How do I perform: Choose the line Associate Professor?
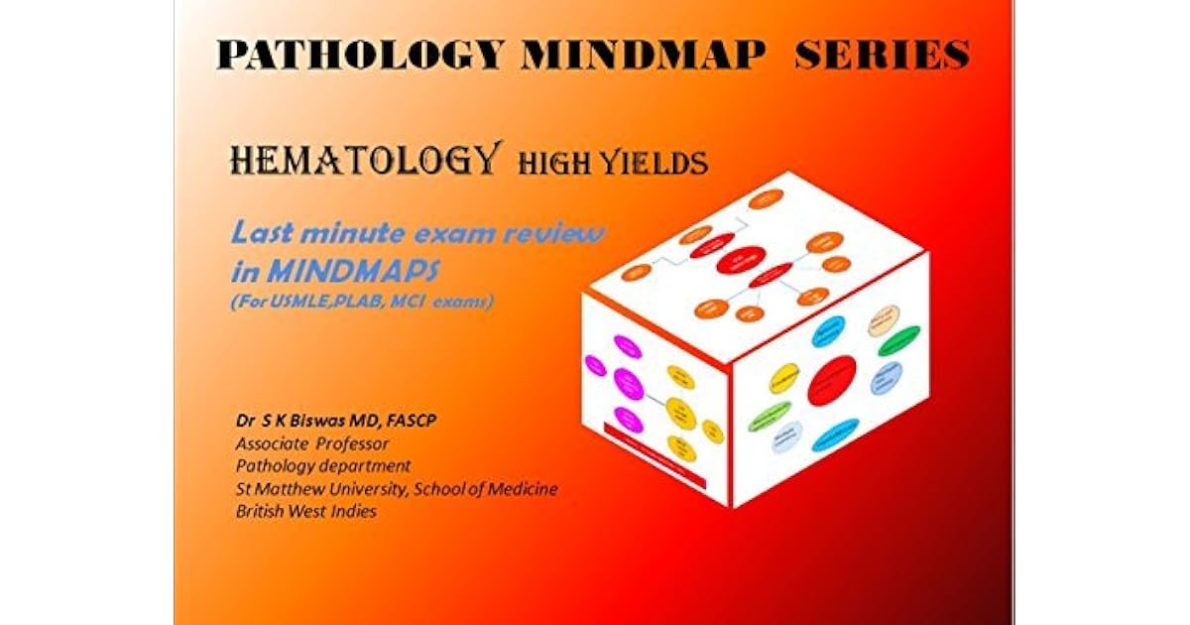[x=312, y=443]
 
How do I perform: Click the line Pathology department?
[x=323, y=466]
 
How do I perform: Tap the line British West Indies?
[x=305, y=512]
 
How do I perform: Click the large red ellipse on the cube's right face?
[x=831, y=381]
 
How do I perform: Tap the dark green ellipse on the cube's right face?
[x=898, y=340]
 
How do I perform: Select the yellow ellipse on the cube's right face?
[x=784, y=378]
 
